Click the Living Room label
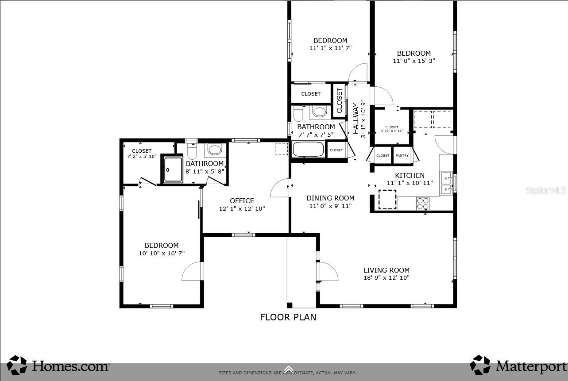tap(386, 270)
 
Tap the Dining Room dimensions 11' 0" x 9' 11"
tap(330, 206)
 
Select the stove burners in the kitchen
tap(422, 204)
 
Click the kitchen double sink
tap(446, 184)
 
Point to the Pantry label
tap(402, 156)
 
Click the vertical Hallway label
tap(355, 118)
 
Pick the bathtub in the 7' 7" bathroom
tap(308, 149)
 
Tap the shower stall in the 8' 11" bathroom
tap(173, 169)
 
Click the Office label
tap(242, 200)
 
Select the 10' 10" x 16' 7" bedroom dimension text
tap(162, 254)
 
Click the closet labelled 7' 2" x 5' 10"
tap(142, 154)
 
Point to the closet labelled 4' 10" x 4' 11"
tap(392, 129)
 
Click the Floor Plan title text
tap(288, 317)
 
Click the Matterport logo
tap(518, 366)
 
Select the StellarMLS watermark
tap(545, 191)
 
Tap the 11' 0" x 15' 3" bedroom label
tap(413, 57)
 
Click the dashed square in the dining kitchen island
tap(387, 200)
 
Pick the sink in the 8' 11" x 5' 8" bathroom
tap(215, 150)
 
